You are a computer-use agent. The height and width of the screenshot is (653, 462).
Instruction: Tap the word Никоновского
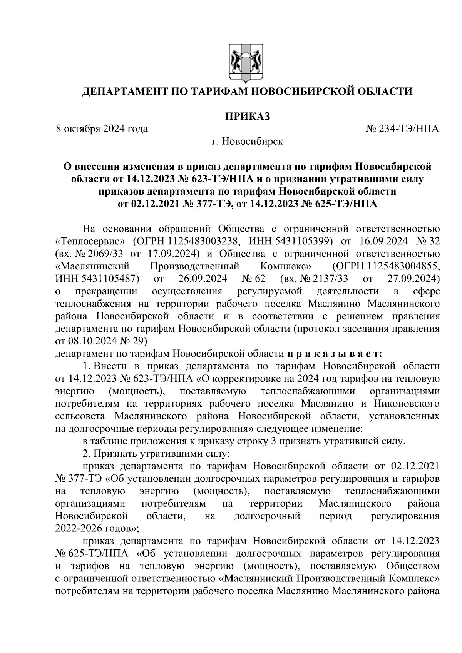[x=409, y=404]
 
